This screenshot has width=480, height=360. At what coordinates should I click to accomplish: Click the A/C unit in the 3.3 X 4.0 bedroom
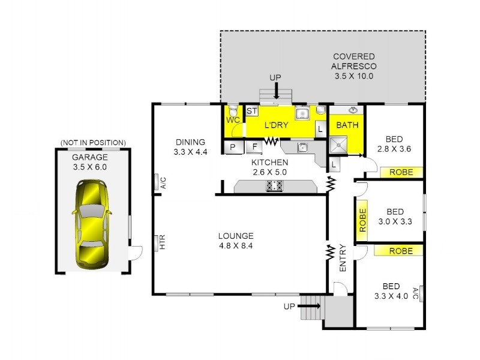(423, 294)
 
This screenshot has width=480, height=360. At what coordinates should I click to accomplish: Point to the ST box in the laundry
(252, 111)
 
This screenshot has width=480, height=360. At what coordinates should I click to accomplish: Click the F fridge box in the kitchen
(254, 146)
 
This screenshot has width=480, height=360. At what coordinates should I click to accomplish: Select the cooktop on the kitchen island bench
(275, 187)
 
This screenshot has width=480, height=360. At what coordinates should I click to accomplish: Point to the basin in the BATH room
(353, 110)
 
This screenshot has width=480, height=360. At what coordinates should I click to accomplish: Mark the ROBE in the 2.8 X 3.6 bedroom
(401, 172)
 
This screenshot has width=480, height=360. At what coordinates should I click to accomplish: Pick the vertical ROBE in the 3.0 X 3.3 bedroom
(362, 220)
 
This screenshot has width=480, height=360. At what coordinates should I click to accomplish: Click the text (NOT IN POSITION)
(93, 142)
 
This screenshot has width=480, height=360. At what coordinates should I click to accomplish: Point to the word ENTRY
(343, 258)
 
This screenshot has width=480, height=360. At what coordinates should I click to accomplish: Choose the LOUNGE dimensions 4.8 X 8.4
(236, 245)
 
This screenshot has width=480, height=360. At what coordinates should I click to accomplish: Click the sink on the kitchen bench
(303, 146)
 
